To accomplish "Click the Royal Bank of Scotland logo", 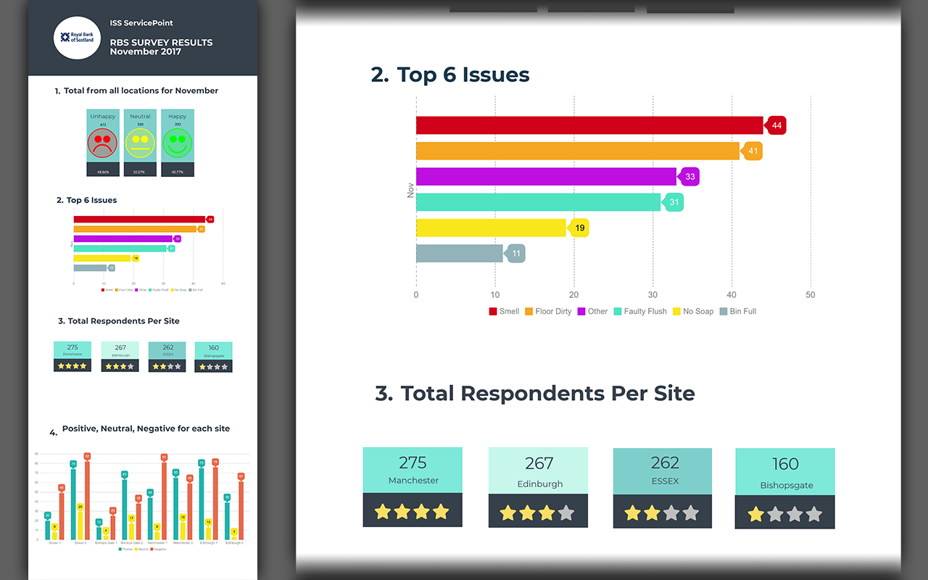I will pos(77,38).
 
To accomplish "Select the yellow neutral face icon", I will pos(140,142).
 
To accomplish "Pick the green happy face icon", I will pos(178,142).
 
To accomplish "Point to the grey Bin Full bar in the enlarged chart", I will pos(459,254).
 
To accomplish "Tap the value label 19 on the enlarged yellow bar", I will pos(580,228).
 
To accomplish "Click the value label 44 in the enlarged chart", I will pos(776,125).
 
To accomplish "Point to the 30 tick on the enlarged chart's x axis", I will pos(652,295).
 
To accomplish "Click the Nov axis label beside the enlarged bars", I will pos(410,190).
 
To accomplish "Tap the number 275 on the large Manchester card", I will pos(413,463).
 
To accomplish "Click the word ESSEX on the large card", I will pos(664,481).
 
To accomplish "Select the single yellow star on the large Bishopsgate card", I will pos(756,515).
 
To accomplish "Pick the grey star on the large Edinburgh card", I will pos(566,513).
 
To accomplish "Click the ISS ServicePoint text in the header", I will pos(141,23).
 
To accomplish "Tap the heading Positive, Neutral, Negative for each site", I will pos(146,428).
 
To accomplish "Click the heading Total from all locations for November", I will pos(141,91).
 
